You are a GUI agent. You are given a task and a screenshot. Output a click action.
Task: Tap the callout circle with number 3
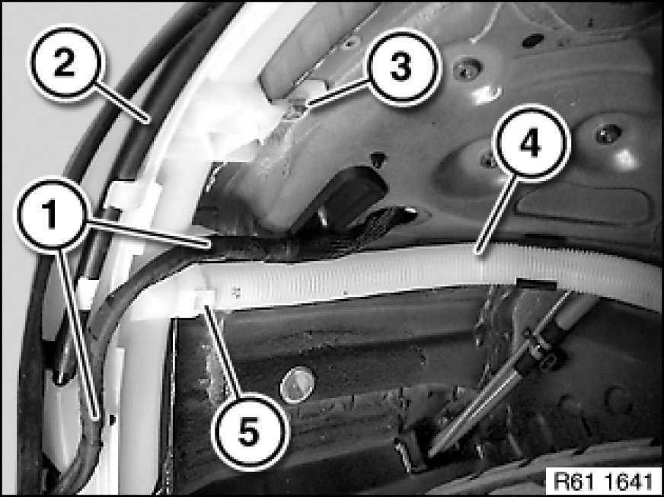(401, 67)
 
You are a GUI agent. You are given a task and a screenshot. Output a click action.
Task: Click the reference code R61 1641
(603, 481)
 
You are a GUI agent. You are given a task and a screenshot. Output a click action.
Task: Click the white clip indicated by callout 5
(202, 301)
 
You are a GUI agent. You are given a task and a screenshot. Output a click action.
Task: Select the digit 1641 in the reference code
(629, 481)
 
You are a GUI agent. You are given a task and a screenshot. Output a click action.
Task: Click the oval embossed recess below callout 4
(584, 206)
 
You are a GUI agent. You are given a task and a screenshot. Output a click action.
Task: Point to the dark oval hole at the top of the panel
(533, 40)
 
